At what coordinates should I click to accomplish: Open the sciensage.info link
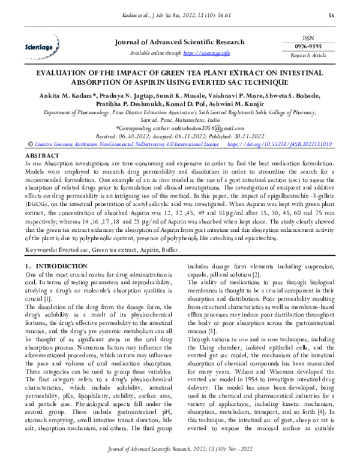tap(206, 53)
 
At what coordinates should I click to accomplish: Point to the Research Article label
tap(308, 55)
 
